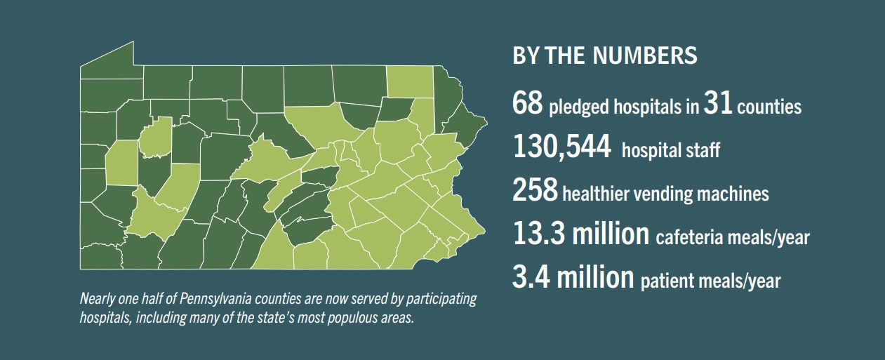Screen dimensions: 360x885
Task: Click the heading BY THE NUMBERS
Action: pyautogui.click(x=605, y=56)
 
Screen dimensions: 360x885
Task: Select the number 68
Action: pyautogui.click(x=528, y=103)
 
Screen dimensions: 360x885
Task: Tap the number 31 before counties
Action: pyautogui.click(x=718, y=103)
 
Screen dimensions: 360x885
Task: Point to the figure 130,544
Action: pyautogui.click(x=561, y=148)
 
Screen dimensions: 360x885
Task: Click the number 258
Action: pyautogui.click(x=535, y=192)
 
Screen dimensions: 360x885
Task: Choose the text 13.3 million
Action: pyautogui.click(x=580, y=235)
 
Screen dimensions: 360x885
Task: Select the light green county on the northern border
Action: pyautogui.click(x=408, y=82)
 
